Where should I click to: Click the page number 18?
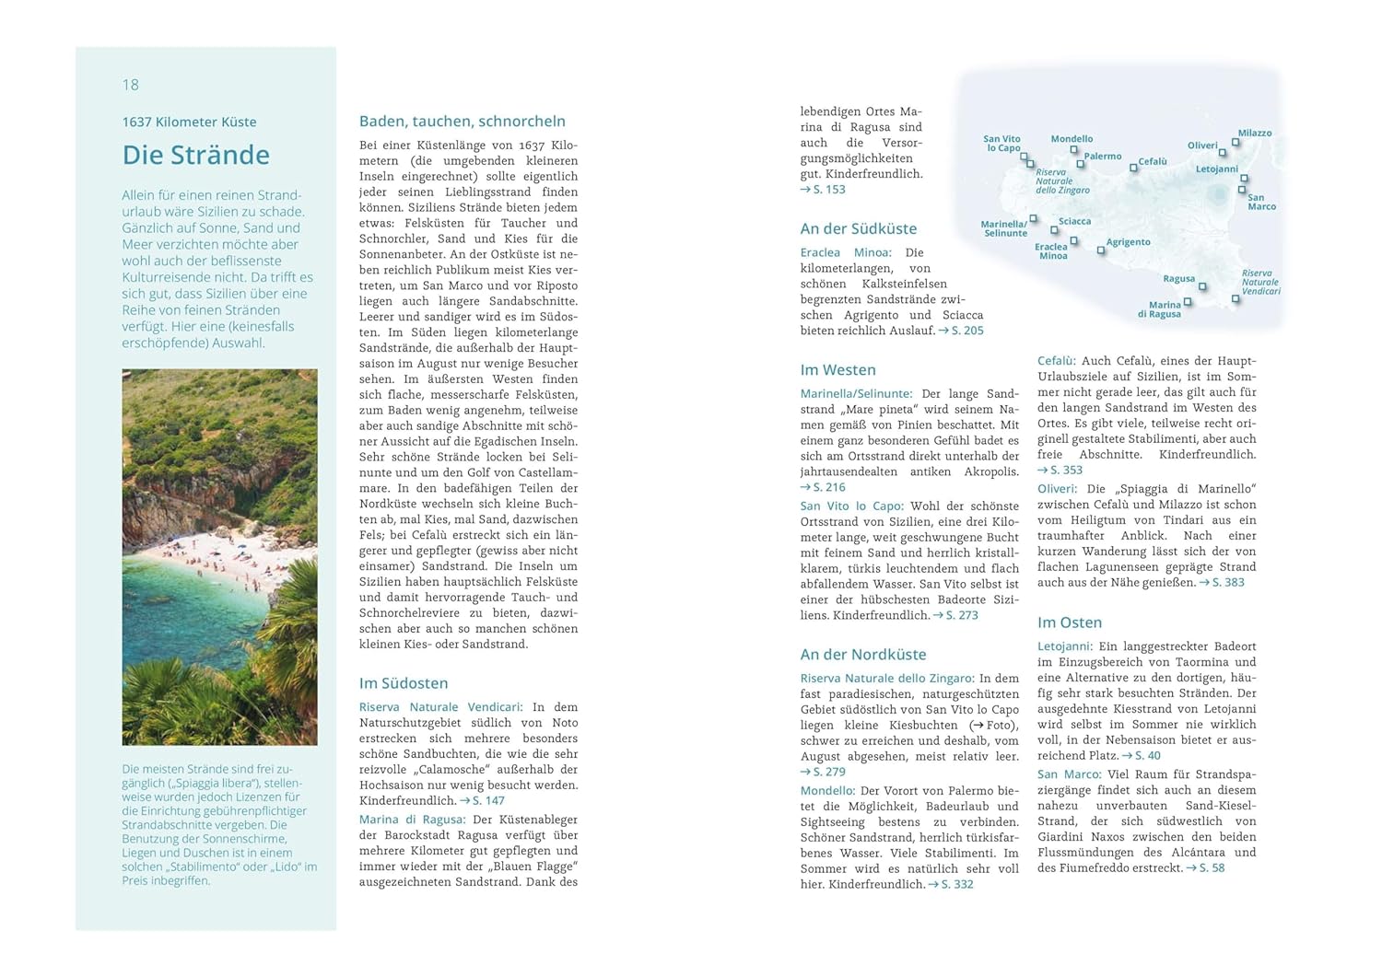pos(130,85)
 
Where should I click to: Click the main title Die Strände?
pos(196,155)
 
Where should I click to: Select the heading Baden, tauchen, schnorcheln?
pos(462,122)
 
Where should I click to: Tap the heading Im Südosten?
pos(404,683)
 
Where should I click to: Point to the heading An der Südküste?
pos(858,228)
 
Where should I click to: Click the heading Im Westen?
pos(837,370)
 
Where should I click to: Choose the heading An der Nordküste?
pos(863,655)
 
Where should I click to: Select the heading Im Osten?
pos(1069,622)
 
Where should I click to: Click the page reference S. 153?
pos(828,190)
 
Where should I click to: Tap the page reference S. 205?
pos(966,331)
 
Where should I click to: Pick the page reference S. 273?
pos(961,615)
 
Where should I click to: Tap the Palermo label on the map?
pos(1102,157)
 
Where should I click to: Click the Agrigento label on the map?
pos(1128,242)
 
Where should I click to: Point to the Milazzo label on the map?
pos(1254,134)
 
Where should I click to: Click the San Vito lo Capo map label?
pos(1002,144)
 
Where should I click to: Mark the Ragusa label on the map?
pos(1178,279)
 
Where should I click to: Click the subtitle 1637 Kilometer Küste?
pos(189,122)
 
